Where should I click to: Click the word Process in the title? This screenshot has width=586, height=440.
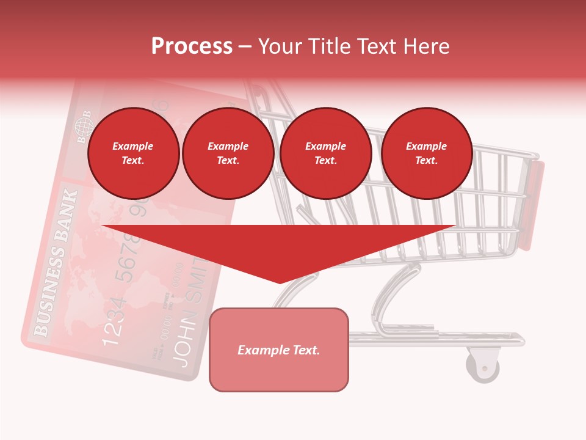coord(192,46)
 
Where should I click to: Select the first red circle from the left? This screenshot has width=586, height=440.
coord(134,153)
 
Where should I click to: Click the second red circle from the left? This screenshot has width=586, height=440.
coord(228,153)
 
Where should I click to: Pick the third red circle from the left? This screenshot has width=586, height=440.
coord(326,153)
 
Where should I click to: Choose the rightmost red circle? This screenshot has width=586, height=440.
coord(427,153)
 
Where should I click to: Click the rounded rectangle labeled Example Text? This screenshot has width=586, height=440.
coord(279,350)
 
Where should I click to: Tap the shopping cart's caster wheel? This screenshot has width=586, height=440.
coord(483,367)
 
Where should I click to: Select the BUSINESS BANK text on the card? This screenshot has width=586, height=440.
coord(56,263)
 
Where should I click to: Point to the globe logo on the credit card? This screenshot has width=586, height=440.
coord(82,127)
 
